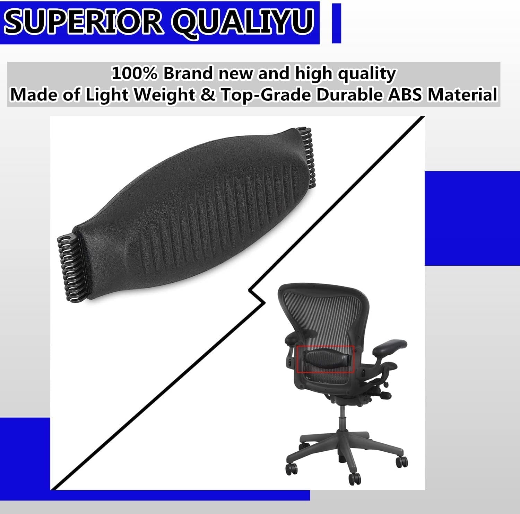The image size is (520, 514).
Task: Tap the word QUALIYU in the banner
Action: pyautogui.click(x=243, y=23)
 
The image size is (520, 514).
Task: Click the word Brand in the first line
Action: pyautogui.click(x=189, y=74)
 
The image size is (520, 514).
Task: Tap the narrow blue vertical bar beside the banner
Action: pyautogui.click(x=336, y=23)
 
